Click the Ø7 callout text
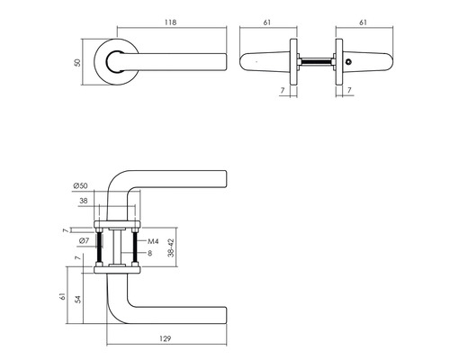click(x=83, y=241)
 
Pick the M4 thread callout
click(x=152, y=241)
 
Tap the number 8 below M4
click(x=150, y=254)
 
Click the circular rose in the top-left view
click(x=116, y=62)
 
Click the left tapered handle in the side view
click(x=265, y=62)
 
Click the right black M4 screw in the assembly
click(x=135, y=244)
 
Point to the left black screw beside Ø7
click(x=99, y=244)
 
